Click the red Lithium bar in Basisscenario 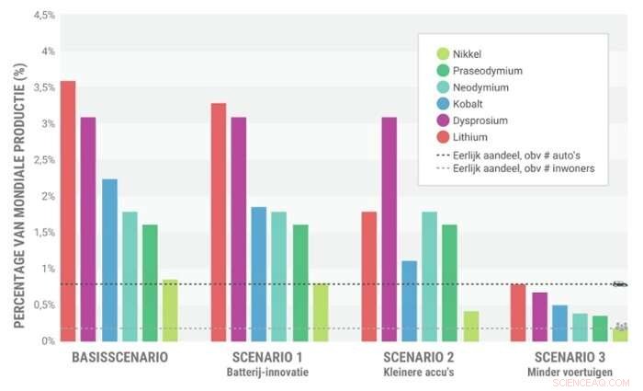(x=67, y=211)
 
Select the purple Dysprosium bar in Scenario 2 (x=389, y=229)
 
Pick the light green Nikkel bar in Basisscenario (x=170, y=310)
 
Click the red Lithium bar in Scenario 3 (x=517, y=313)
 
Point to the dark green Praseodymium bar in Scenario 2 (x=449, y=282)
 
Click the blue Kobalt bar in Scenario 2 (x=410, y=301)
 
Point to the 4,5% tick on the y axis (x=41, y=16)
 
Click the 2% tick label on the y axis (x=48, y=196)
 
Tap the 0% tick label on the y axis (x=48, y=340)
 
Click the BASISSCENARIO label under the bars (x=119, y=357)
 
